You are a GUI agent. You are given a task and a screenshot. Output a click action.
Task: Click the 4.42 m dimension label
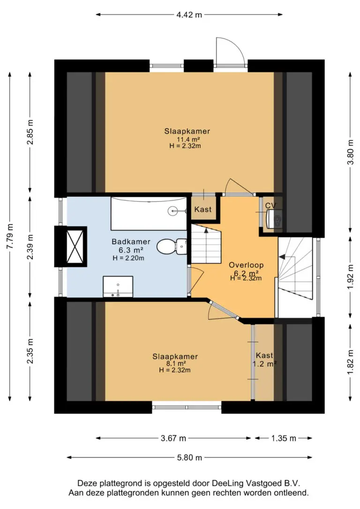pyautogui.click(x=189, y=15)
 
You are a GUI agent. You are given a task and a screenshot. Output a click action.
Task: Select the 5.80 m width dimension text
pyautogui.click(x=189, y=457)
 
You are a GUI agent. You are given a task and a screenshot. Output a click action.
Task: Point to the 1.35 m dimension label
pyautogui.click(x=284, y=438)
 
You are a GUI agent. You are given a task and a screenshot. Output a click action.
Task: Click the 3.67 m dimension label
pyautogui.click(x=173, y=438)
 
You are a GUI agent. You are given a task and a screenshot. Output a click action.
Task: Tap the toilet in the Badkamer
pyautogui.click(x=172, y=247)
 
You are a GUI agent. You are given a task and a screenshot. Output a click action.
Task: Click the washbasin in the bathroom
pyautogui.click(x=118, y=286)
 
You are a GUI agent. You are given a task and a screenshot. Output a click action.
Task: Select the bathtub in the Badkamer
pyautogui.click(x=149, y=213)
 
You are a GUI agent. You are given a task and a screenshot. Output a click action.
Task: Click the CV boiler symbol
pyautogui.click(x=274, y=219)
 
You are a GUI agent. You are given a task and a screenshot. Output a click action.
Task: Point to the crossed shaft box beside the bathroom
pyautogui.click(x=75, y=247)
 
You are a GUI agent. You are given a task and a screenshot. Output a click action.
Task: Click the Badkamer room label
pyautogui.click(x=131, y=241)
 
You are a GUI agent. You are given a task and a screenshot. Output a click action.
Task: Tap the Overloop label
pyautogui.click(x=246, y=265)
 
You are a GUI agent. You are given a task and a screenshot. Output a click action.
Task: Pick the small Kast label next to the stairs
pyautogui.click(x=203, y=210)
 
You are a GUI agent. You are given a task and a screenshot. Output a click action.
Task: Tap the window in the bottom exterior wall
pyautogui.click(x=187, y=407)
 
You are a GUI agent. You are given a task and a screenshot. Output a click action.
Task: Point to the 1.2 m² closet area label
pyautogui.click(x=264, y=364)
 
